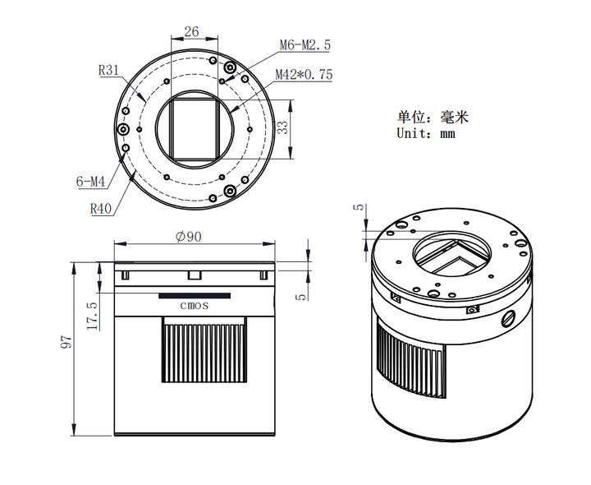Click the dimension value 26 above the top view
(x=191, y=32)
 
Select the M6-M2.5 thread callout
(x=305, y=45)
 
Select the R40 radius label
(x=101, y=208)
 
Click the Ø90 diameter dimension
(x=190, y=237)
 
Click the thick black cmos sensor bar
(x=195, y=293)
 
